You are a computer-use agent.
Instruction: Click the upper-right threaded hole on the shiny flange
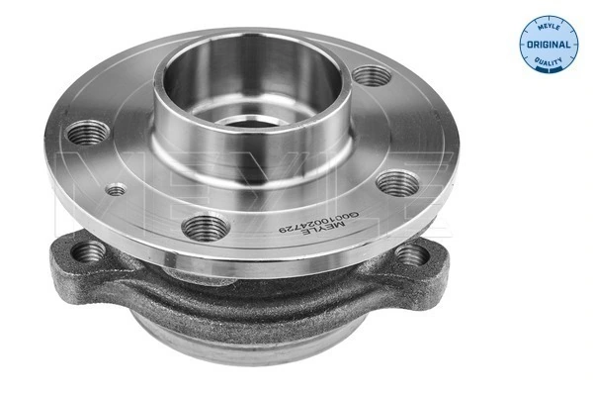point(372,75)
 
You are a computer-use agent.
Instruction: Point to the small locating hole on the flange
point(117,189)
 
